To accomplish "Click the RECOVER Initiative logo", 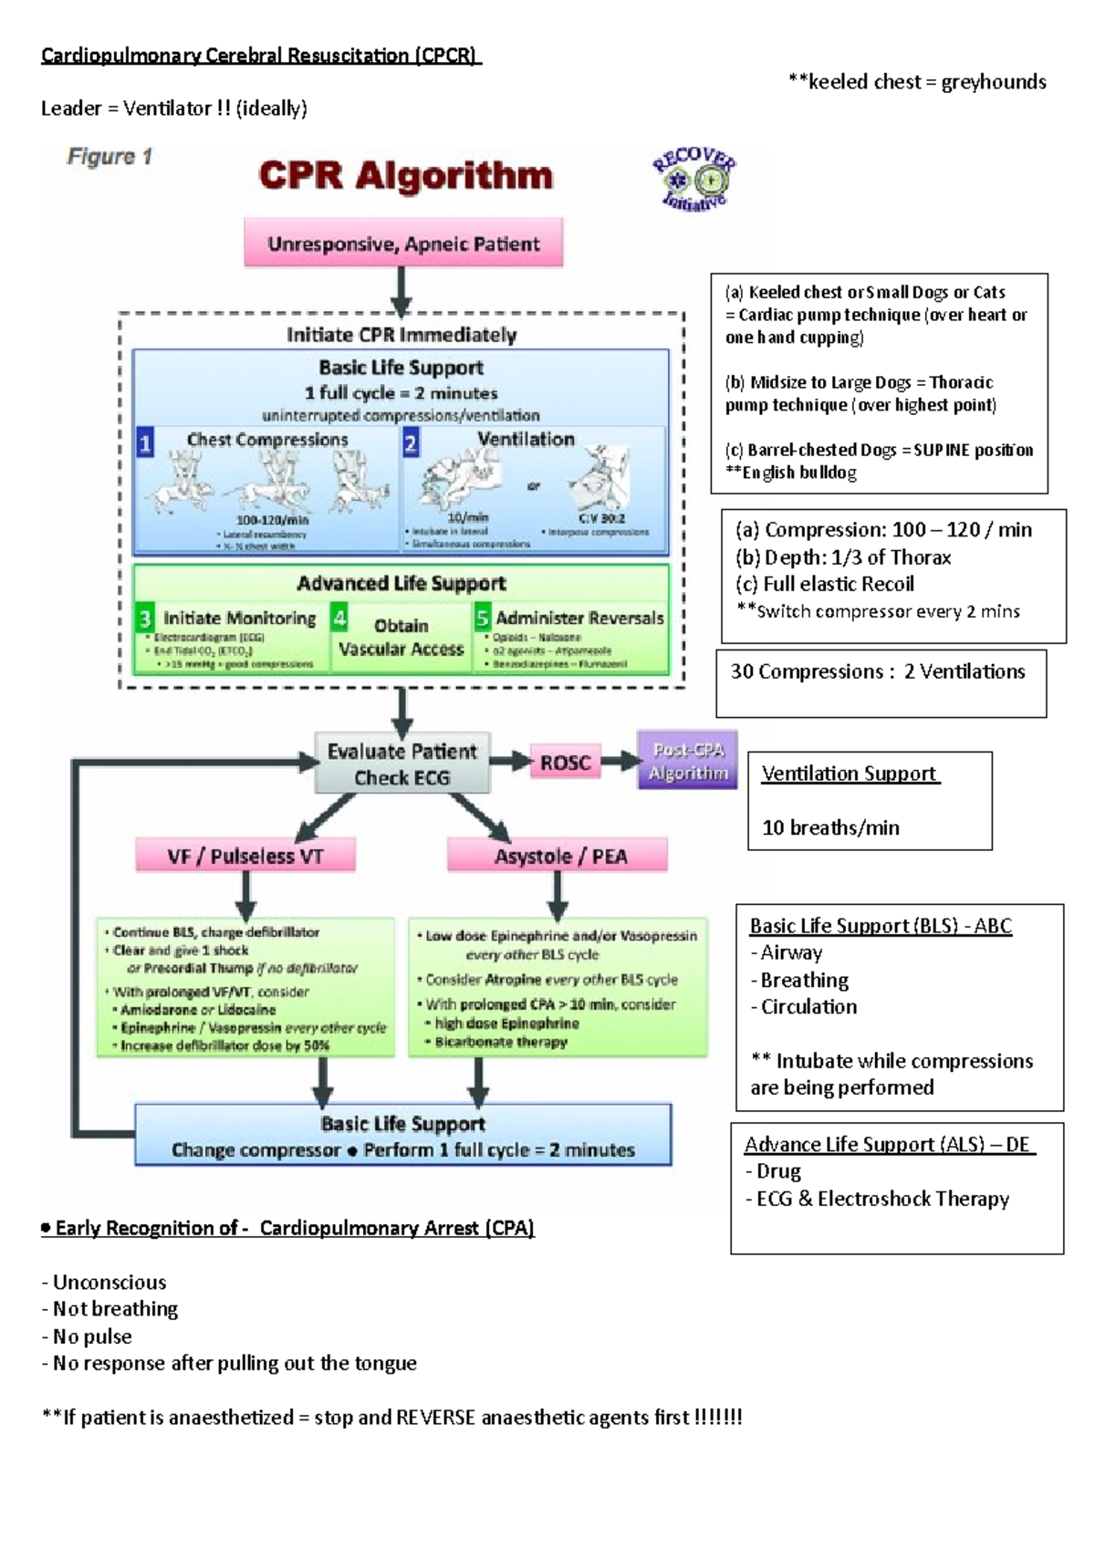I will coord(693,180).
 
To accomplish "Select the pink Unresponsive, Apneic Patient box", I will coord(403,244).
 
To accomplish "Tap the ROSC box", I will coord(565,763).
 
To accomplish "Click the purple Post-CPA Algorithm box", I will coord(688,761).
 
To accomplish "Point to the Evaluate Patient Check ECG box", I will coord(402,764).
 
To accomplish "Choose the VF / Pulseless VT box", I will coord(245,856).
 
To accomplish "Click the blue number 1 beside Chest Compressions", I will coord(145,444).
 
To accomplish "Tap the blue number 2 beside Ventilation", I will coord(411,444).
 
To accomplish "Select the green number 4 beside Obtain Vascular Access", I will coord(339,619).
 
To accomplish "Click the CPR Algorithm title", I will coord(405,175).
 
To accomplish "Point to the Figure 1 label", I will coord(109,157).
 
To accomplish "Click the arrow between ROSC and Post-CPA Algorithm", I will coord(620,761).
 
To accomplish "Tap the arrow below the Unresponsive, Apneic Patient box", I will coord(401,292).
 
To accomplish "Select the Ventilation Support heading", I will coord(849,774).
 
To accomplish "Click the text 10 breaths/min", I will coord(830,827).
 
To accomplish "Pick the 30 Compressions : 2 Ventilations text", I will coord(878,671).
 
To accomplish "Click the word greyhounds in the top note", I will coord(994,82).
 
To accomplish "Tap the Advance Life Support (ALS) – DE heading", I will coord(887,1144).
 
